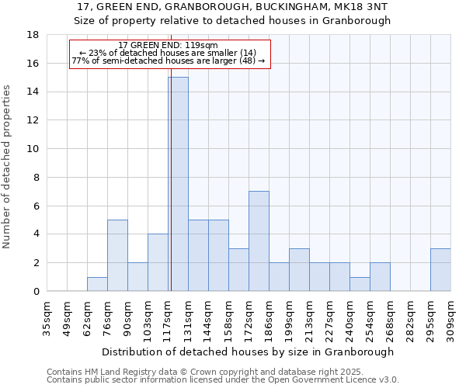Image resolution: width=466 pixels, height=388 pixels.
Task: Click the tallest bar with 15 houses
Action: (x=178, y=184)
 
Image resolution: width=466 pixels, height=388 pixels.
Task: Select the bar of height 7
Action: (x=259, y=241)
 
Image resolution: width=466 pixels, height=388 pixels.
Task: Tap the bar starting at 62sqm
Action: (x=97, y=284)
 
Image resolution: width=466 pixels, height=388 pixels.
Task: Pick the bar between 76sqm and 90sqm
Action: (x=117, y=255)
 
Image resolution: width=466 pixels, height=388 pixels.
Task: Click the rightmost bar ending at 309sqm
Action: (x=440, y=269)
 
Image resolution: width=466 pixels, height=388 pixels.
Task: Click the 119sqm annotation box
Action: (x=169, y=54)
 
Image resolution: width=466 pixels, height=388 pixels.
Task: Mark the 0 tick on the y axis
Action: (x=36, y=291)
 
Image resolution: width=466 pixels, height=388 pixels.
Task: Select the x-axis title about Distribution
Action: (x=248, y=352)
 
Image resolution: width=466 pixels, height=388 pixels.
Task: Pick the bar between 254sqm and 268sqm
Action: (x=380, y=277)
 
